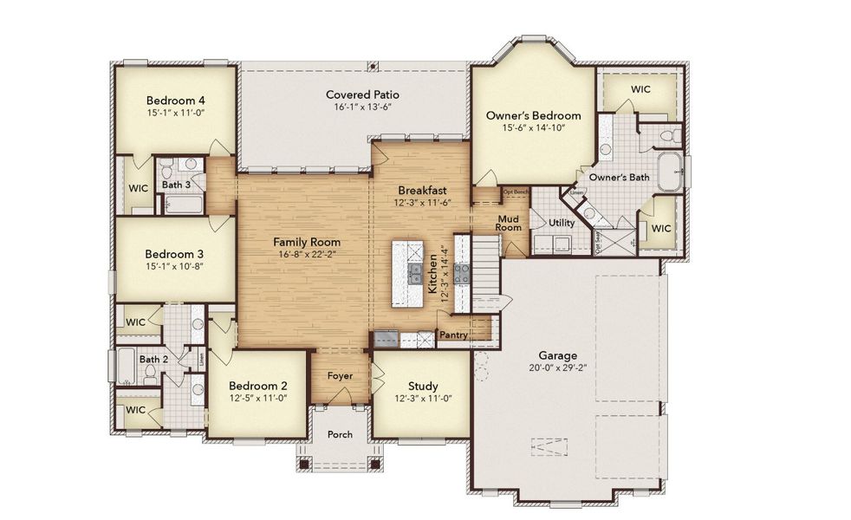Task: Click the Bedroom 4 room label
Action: (175, 99)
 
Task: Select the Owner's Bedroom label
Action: (532, 115)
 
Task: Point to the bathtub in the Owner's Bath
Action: (670, 172)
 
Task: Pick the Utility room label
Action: (562, 223)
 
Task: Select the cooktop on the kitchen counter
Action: (462, 275)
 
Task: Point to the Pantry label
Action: (453, 335)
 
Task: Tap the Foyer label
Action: (339, 376)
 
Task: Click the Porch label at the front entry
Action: (340, 434)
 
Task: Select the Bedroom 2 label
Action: (257, 386)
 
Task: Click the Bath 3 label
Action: (176, 185)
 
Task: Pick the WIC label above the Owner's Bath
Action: (640, 89)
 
